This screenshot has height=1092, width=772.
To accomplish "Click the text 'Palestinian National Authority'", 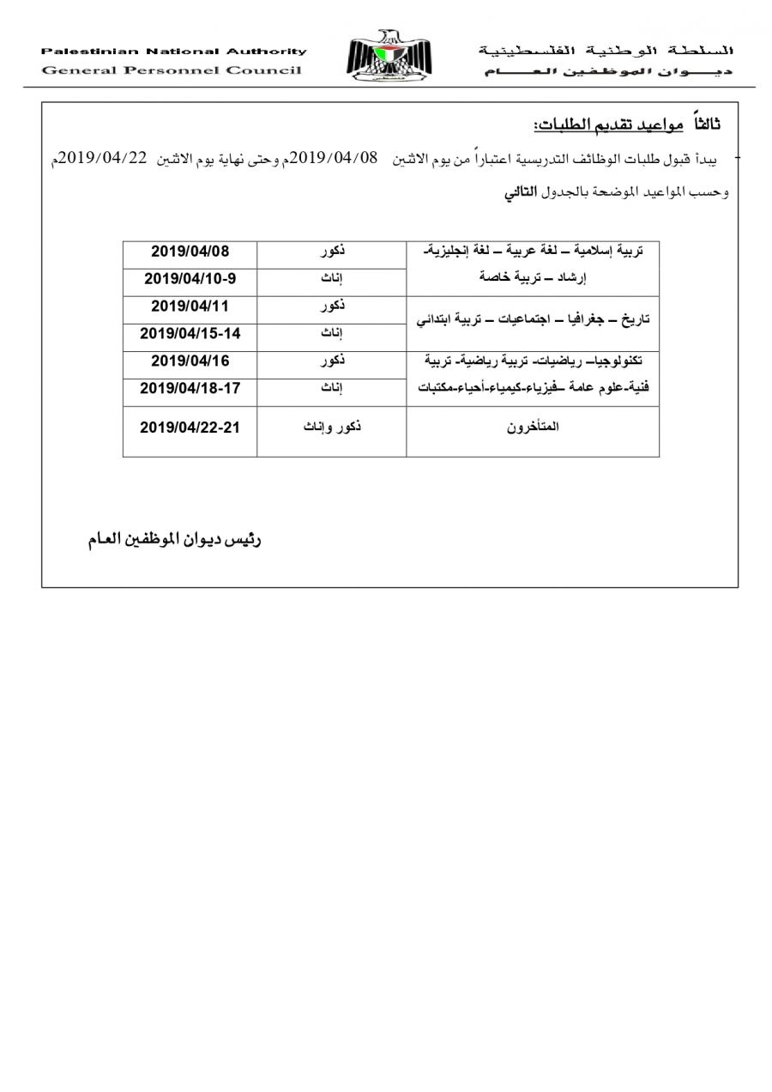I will click(x=173, y=52).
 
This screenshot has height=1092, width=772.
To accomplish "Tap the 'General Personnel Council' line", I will click(x=172, y=70).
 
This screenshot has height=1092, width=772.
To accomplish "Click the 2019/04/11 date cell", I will click(x=190, y=306).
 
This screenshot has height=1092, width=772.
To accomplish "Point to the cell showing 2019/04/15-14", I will click(x=190, y=333).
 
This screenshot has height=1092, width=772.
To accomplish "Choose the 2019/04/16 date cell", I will click(x=190, y=361).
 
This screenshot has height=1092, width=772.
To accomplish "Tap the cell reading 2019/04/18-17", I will click(x=190, y=388).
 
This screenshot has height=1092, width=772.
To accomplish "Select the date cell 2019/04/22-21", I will click(x=190, y=427).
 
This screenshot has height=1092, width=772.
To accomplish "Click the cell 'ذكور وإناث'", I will click(x=331, y=427).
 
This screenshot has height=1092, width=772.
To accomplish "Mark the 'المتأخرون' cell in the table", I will click(x=533, y=427).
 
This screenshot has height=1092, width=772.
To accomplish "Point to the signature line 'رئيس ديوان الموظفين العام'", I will click(x=174, y=541).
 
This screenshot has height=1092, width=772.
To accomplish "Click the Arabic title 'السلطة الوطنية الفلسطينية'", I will click(x=606, y=52).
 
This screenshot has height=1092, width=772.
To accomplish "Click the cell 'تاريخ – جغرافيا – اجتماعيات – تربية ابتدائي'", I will click(x=533, y=319).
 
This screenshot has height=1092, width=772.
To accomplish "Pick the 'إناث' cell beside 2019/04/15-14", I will click(x=331, y=333).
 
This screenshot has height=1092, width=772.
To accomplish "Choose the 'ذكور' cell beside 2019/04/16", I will click(x=331, y=361).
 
